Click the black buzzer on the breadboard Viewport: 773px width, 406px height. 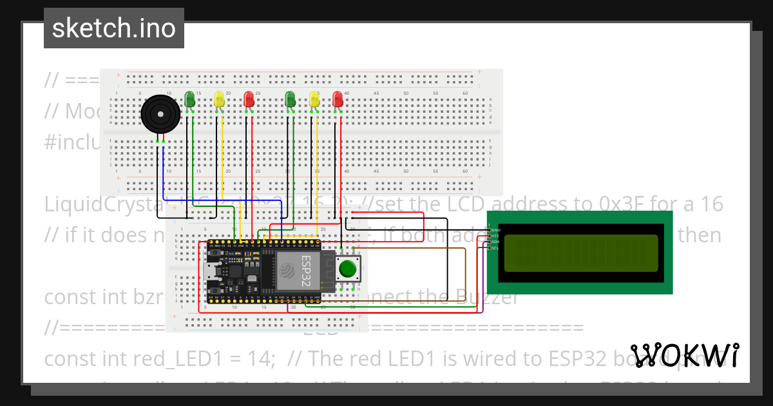(159, 115)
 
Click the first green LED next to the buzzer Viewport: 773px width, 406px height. (189, 99)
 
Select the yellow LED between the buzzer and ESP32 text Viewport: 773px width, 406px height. (220, 99)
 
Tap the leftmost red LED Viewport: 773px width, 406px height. (249, 99)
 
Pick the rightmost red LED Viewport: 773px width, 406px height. (338, 99)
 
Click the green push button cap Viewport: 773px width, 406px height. (348, 268)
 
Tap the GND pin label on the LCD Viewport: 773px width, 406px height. (495, 230)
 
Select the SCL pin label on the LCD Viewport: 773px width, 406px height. (495, 247)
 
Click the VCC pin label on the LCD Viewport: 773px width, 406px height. (495, 236)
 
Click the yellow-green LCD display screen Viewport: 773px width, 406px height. (580, 253)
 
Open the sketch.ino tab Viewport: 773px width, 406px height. (113, 28)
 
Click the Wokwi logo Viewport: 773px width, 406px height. (684, 356)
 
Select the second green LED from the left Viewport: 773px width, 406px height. (290, 99)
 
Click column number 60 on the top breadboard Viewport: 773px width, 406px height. (465, 93)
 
